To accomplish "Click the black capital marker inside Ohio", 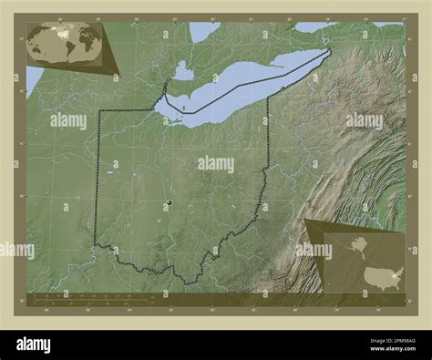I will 169,202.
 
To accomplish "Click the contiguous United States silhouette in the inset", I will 382,277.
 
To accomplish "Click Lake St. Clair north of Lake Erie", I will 183,70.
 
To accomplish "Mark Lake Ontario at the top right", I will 314,26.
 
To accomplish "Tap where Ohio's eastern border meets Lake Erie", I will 268,94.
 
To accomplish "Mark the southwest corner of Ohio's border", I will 96,242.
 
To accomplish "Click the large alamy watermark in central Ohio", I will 215,164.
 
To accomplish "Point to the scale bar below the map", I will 91,296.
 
